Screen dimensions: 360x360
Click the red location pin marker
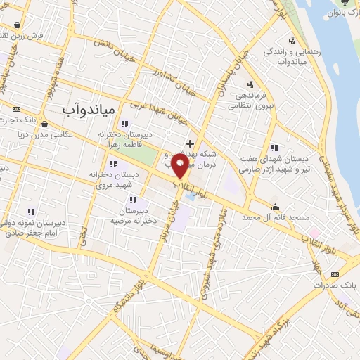[x=181, y=165]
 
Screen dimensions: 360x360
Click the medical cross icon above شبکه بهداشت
[x=190, y=143]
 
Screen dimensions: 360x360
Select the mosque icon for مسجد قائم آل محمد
[x=275, y=207]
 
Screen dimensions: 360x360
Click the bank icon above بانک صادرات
[x=336, y=274]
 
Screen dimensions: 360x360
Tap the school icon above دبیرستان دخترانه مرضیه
[x=132, y=200]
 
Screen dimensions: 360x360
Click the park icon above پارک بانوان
[x=336, y=3]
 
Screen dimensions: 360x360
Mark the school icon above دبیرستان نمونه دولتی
[x=31, y=211]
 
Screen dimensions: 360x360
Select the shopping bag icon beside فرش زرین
[x=26, y=24]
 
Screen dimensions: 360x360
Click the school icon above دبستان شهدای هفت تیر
[x=274, y=148]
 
